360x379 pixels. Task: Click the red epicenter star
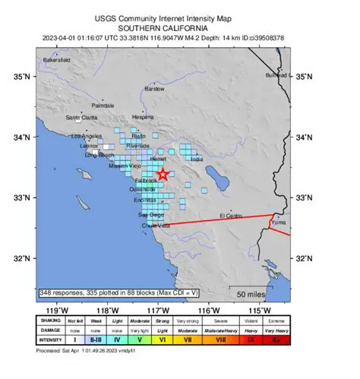[x=163, y=175]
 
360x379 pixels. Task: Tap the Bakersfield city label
[x=56, y=58]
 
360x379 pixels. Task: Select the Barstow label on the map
[x=154, y=89]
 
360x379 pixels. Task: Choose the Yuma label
[x=279, y=223]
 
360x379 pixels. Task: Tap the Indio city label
[x=197, y=159]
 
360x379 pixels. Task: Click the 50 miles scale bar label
[x=251, y=294]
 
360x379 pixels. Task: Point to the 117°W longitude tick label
[x=158, y=311]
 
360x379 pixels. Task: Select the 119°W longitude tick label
[x=57, y=311]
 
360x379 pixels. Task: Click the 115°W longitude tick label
[x=260, y=311]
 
